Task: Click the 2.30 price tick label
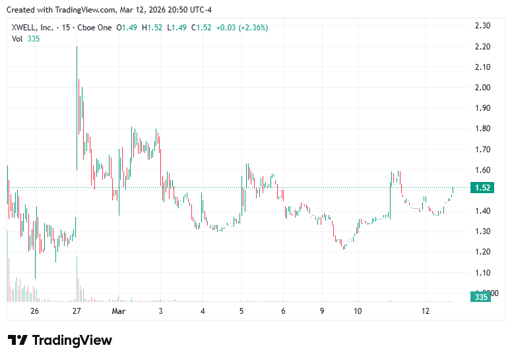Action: tap(482, 26)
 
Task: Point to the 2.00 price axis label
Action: tap(482, 88)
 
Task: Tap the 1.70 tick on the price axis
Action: tap(482, 150)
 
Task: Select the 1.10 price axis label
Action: tap(482, 273)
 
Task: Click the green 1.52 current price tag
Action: tap(482, 188)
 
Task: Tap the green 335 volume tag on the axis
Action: tap(480, 298)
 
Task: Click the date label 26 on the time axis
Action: tap(35, 311)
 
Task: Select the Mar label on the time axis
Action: tap(119, 311)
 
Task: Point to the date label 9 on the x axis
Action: tap(323, 311)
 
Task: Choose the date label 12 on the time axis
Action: tap(426, 311)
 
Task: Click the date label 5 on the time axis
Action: tap(241, 311)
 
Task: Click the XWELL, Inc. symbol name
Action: tap(33, 27)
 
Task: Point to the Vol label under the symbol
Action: tap(17, 38)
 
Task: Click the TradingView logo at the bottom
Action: tap(60, 340)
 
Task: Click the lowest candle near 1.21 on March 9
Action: tap(344, 247)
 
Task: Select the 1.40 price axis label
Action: tap(482, 211)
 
